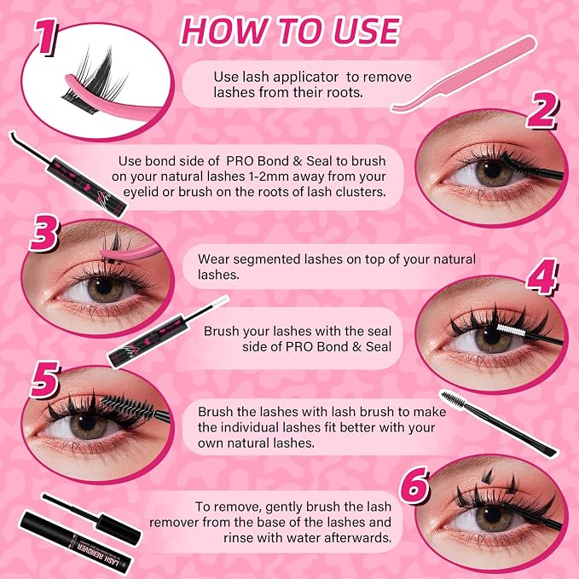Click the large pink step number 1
[x=46, y=36]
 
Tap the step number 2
[x=541, y=110]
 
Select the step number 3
[x=44, y=234]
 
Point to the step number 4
[x=541, y=276]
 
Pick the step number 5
[x=44, y=379]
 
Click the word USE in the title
[x=367, y=31]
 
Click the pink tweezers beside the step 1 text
[x=464, y=74]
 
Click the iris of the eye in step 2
[x=493, y=171]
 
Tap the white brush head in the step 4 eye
[x=511, y=329]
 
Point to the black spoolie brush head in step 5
[x=127, y=405]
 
